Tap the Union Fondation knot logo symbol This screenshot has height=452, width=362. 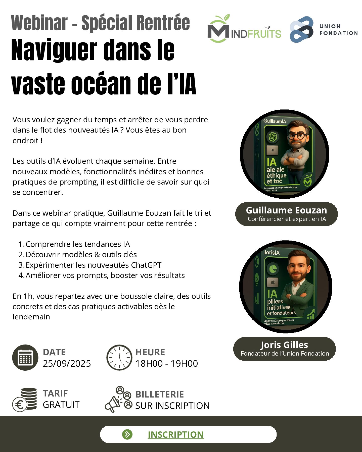pyautogui.click(x=302, y=30)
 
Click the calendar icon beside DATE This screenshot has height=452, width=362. pyautogui.click(x=25, y=357)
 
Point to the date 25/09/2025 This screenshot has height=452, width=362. pyautogui.click(x=67, y=363)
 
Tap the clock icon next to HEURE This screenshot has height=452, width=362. pyautogui.click(x=119, y=357)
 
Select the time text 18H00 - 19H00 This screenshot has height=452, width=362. pyautogui.click(x=166, y=363)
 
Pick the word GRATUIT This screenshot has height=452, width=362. pyautogui.click(x=61, y=405)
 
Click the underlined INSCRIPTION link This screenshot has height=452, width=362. pyautogui.click(x=176, y=434)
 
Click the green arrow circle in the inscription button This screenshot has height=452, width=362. pyautogui.click(x=127, y=434)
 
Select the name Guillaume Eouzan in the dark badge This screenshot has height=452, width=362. pyautogui.click(x=286, y=210)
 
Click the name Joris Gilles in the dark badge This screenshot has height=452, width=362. pyautogui.click(x=284, y=345)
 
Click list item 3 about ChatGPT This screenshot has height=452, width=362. pyautogui.click(x=93, y=265)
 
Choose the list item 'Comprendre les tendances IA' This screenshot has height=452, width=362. pyautogui.click(x=78, y=244)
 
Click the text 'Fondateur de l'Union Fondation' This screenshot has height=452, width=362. pyautogui.click(x=285, y=354)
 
